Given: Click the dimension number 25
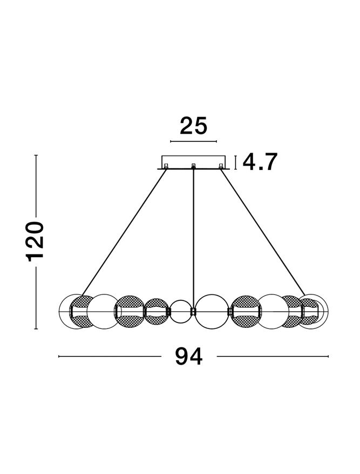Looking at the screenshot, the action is click(194, 126).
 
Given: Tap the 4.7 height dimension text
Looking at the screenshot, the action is click(260, 162).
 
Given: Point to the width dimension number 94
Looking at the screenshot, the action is click(189, 356).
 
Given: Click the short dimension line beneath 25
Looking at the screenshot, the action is click(194, 141).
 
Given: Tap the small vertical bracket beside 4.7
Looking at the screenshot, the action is click(235, 162).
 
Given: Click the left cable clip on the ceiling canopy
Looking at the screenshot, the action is click(166, 166).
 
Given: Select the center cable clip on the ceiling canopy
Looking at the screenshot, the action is click(193, 166).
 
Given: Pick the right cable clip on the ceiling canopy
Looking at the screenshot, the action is click(221, 166).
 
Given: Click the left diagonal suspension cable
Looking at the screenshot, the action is click(124, 232).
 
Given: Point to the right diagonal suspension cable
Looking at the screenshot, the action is click(263, 232).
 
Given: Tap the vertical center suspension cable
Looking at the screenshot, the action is click(193, 238).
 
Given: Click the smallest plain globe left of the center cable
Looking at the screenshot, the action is click(180, 312).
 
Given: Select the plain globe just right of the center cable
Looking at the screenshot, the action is click(212, 311).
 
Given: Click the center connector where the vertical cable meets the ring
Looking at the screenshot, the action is click(193, 312).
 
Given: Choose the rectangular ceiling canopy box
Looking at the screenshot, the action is click(194, 162).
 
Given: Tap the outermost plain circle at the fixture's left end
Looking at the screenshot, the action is click(73, 312).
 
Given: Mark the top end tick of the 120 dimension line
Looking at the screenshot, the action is click(36, 155).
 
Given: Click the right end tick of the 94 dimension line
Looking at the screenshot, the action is click(328, 356).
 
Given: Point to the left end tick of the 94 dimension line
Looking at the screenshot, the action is click(59, 356).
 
